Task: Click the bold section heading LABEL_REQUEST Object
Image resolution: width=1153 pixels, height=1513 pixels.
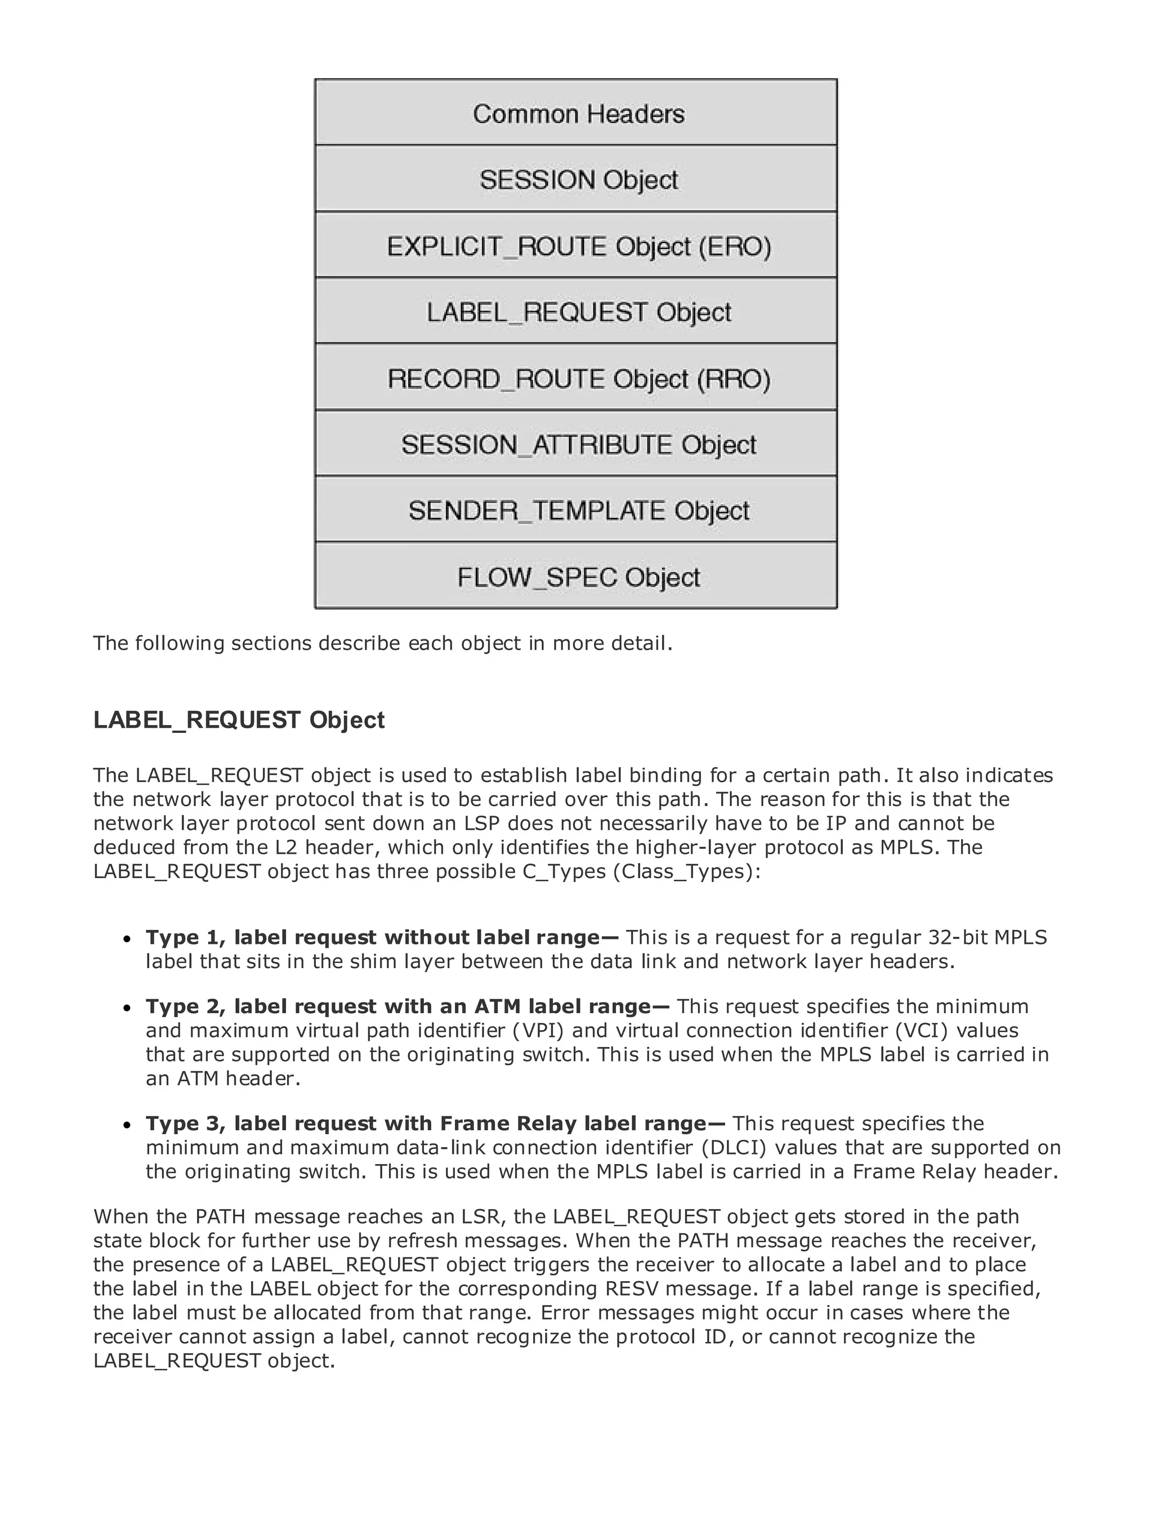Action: coord(239,720)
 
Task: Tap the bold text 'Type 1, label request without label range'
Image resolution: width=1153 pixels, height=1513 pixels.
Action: coord(382,937)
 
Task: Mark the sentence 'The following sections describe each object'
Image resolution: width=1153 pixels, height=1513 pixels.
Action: coord(382,643)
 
